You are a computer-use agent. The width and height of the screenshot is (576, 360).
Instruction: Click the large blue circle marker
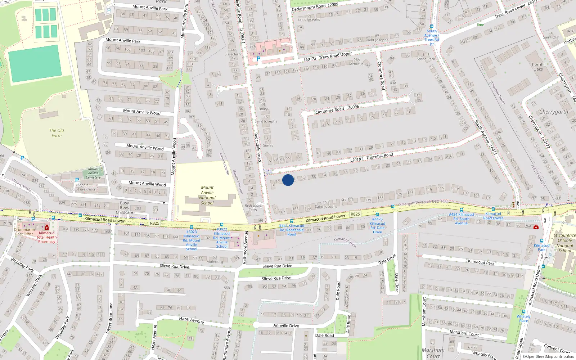[x=288, y=180]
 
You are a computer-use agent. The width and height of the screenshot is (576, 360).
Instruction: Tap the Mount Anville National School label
[x=207, y=195]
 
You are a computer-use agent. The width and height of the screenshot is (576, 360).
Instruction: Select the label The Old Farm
[x=57, y=133]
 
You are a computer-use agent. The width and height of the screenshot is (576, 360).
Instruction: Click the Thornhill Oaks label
[x=538, y=67]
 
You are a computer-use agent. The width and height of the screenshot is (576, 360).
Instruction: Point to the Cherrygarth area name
[x=553, y=112]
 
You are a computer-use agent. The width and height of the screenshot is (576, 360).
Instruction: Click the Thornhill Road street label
[x=379, y=156]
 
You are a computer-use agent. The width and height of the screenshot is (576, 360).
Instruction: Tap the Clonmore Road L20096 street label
[x=337, y=109]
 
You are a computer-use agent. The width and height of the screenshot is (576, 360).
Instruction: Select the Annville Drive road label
[x=286, y=325]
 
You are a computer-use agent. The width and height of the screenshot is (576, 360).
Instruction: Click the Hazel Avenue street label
[x=192, y=320]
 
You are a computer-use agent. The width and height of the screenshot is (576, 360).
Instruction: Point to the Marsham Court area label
[x=433, y=353]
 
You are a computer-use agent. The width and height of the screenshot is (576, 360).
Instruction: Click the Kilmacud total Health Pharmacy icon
[x=47, y=227]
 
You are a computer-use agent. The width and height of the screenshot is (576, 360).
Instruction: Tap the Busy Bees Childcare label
[x=125, y=208]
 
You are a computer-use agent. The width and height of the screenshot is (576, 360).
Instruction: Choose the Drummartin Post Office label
[x=24, y=232]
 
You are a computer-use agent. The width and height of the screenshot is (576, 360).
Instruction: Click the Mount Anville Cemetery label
[x=93, y=173]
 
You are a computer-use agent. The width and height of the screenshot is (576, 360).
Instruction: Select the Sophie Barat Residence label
[x=83, y=187]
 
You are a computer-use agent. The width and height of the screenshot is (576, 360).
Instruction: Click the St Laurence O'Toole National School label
[x=564, y=243]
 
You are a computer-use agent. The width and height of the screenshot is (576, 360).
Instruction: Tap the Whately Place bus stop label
[x=524, y=319]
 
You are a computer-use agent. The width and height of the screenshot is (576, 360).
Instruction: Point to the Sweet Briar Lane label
[x=110, y=318]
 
